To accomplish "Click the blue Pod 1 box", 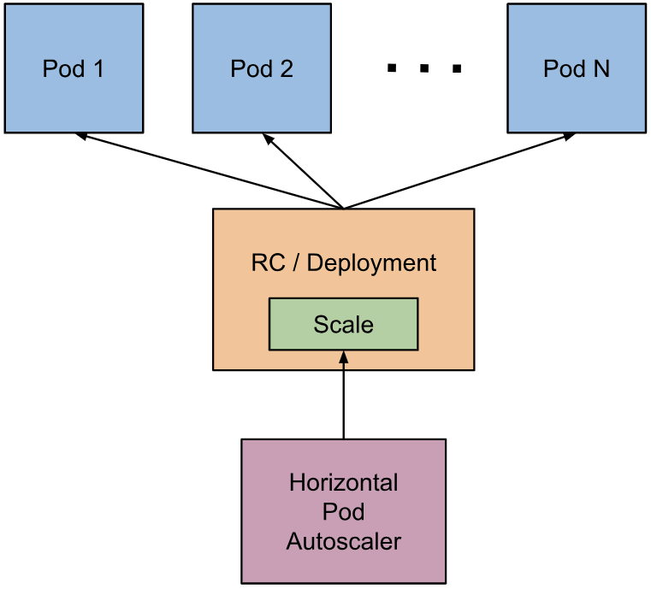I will [x=74, y=68].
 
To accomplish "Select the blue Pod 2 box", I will [x=262, y=68].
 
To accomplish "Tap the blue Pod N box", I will [x=576, y=68].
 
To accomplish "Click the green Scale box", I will [x=343, y=324].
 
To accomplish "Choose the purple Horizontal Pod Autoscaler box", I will [x=343, y=510].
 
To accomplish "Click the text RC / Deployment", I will [x=343, y=262].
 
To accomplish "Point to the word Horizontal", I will [x=343, y=482].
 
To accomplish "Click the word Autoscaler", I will [x=343, y=541].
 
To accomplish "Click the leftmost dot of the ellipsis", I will [x=393, y=68].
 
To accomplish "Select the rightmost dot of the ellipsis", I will [x=457, y=68].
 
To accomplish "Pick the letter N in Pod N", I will [x=601, y=68].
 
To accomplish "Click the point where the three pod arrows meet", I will [x=343, y=208].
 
